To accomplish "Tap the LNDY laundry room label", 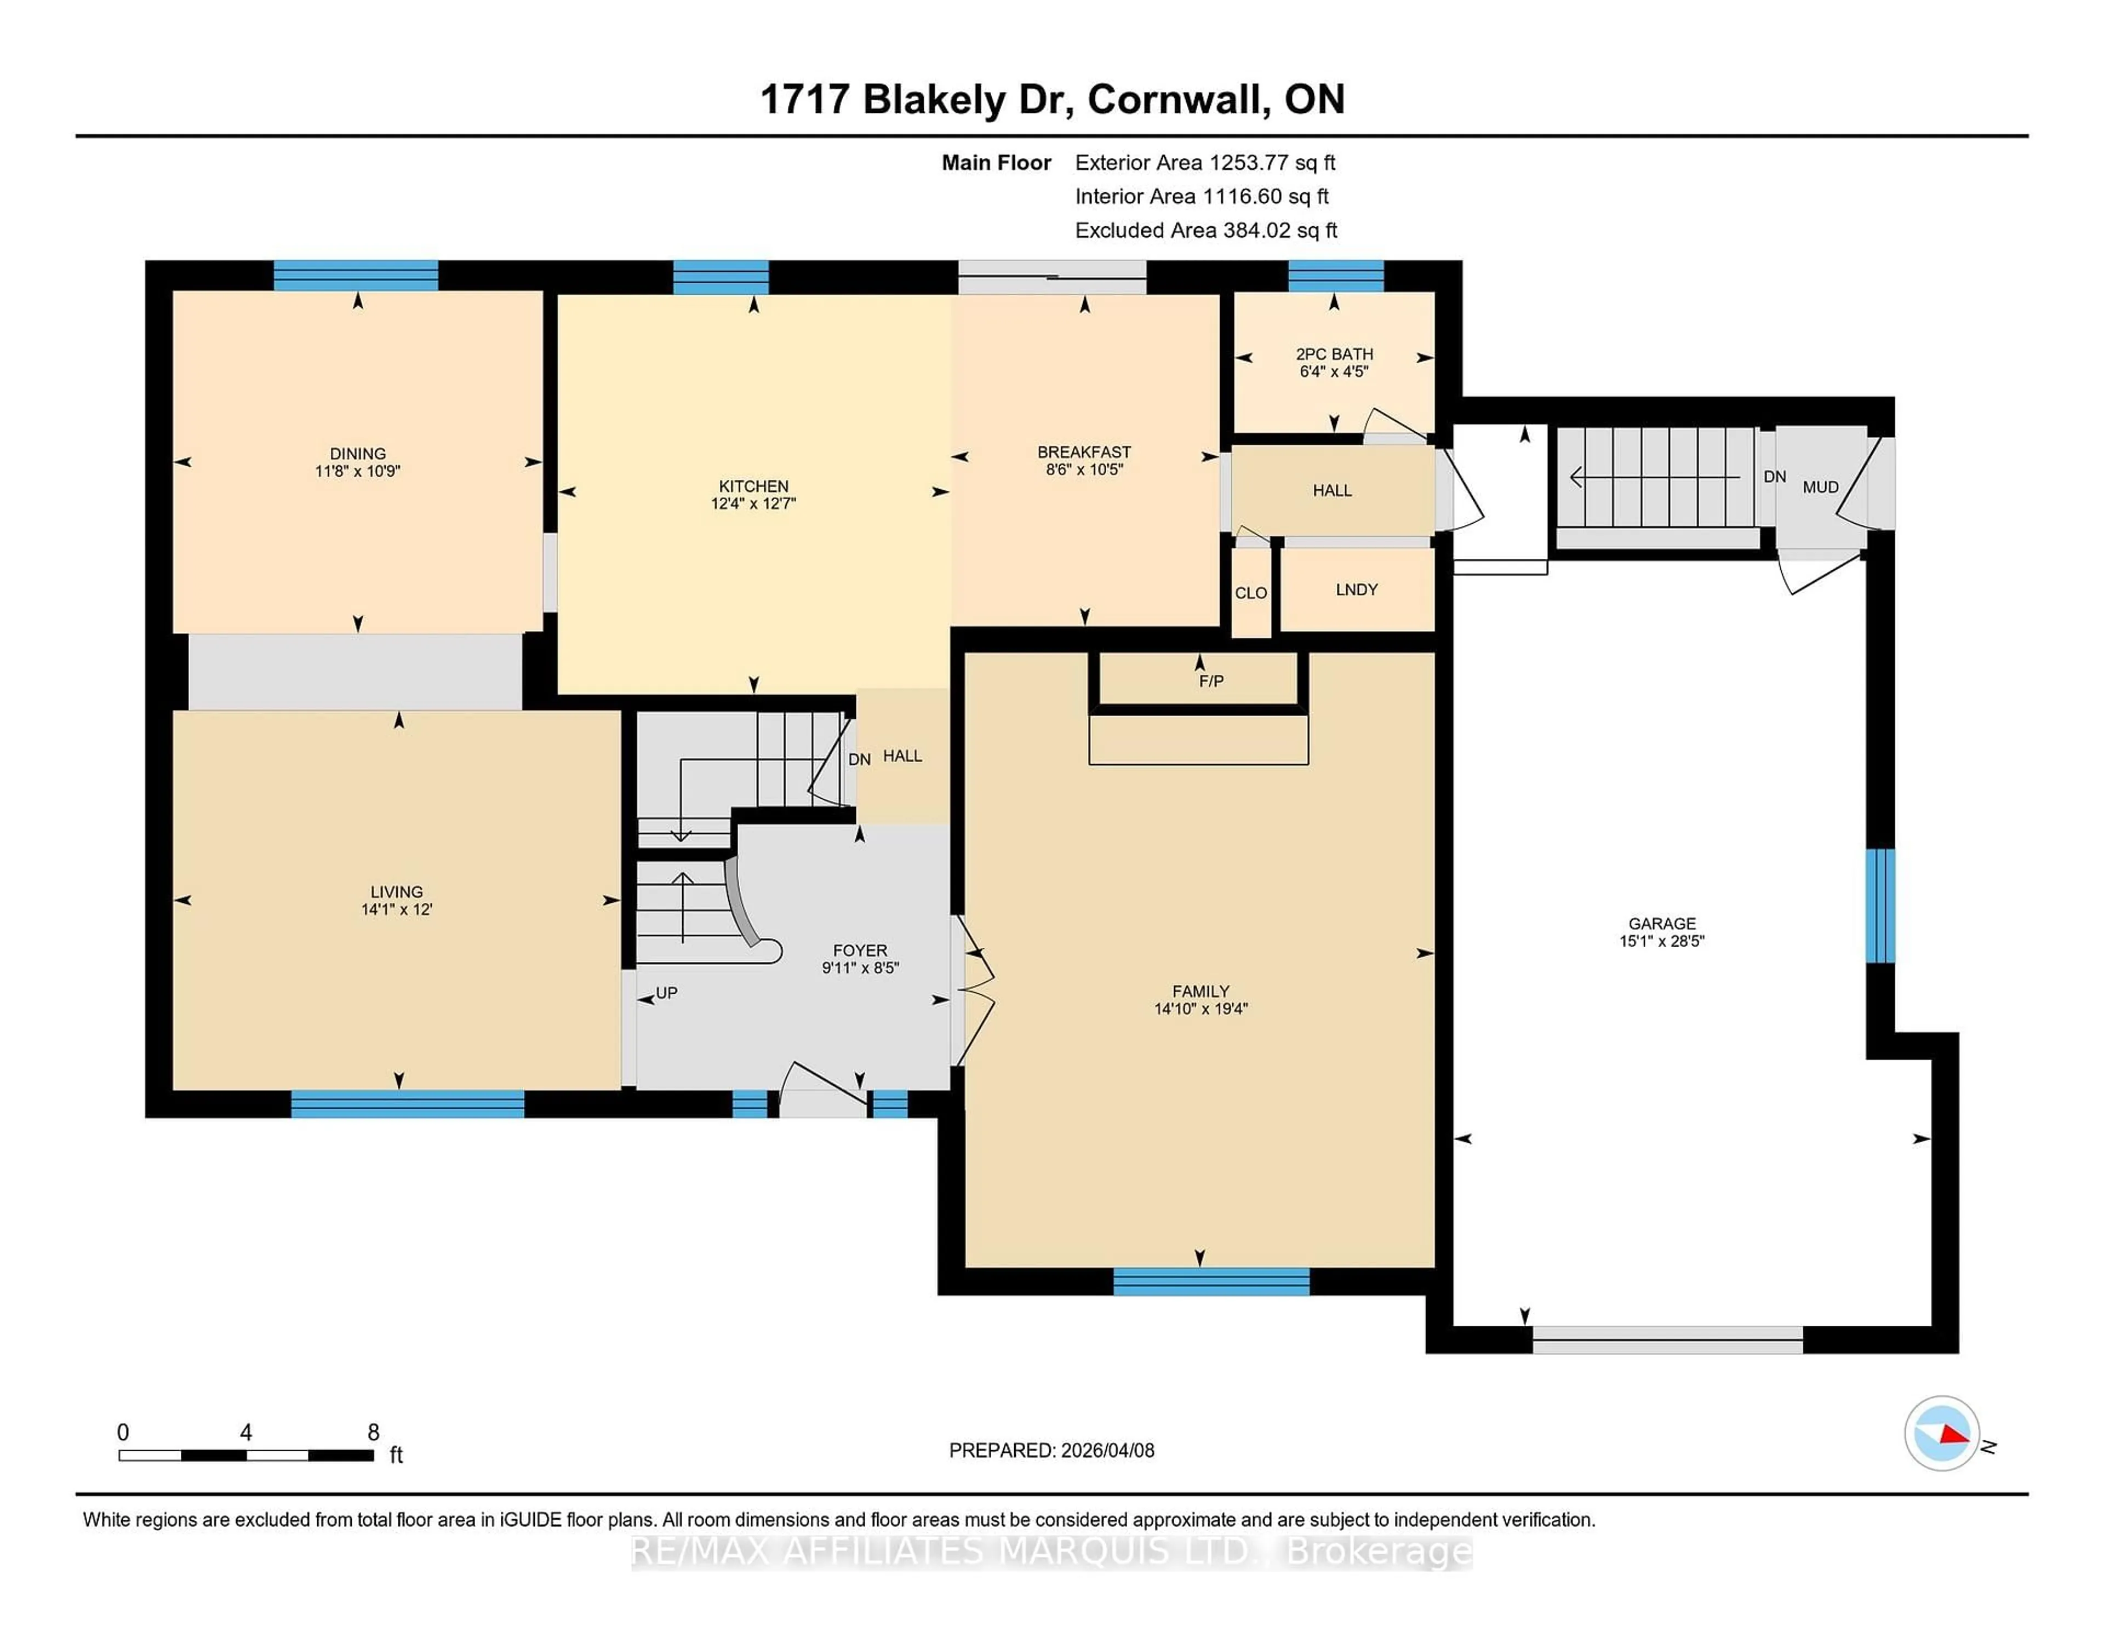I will point(1357,589).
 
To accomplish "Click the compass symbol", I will point(1941,1433).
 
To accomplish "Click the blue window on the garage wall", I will point(1879,906).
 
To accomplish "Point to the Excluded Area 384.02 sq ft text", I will point(1205,230).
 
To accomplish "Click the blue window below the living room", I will point(408,1104).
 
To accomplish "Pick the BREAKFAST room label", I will point(1084,452).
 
